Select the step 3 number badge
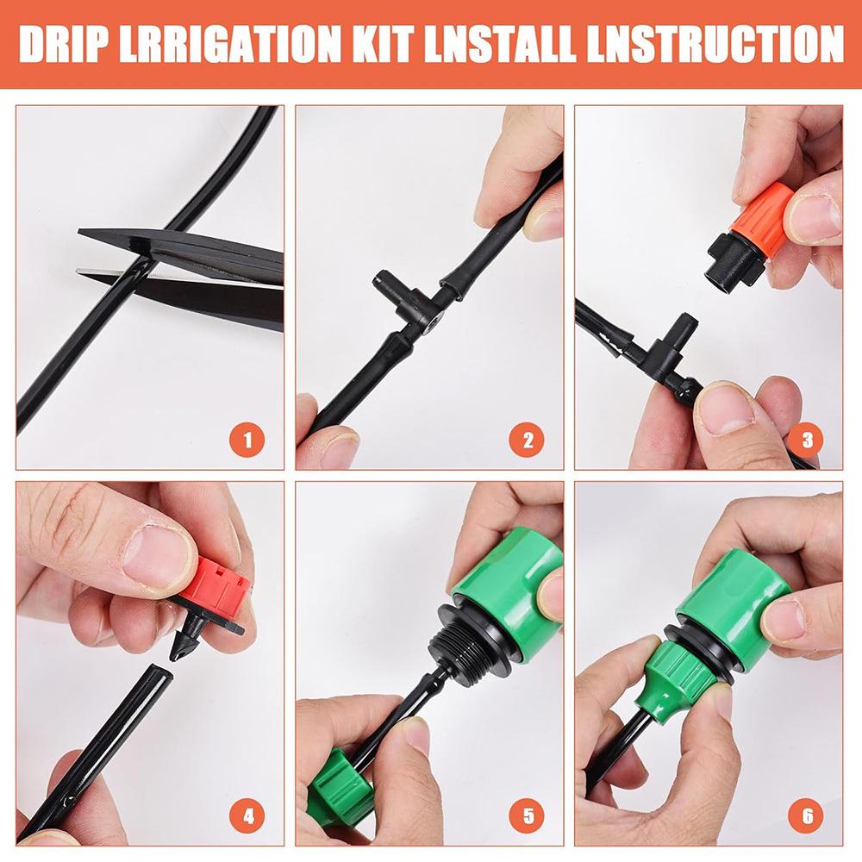point(806,440)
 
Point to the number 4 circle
point(248,815)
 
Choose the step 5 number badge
point(527,815)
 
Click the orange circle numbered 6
point(806,815)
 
